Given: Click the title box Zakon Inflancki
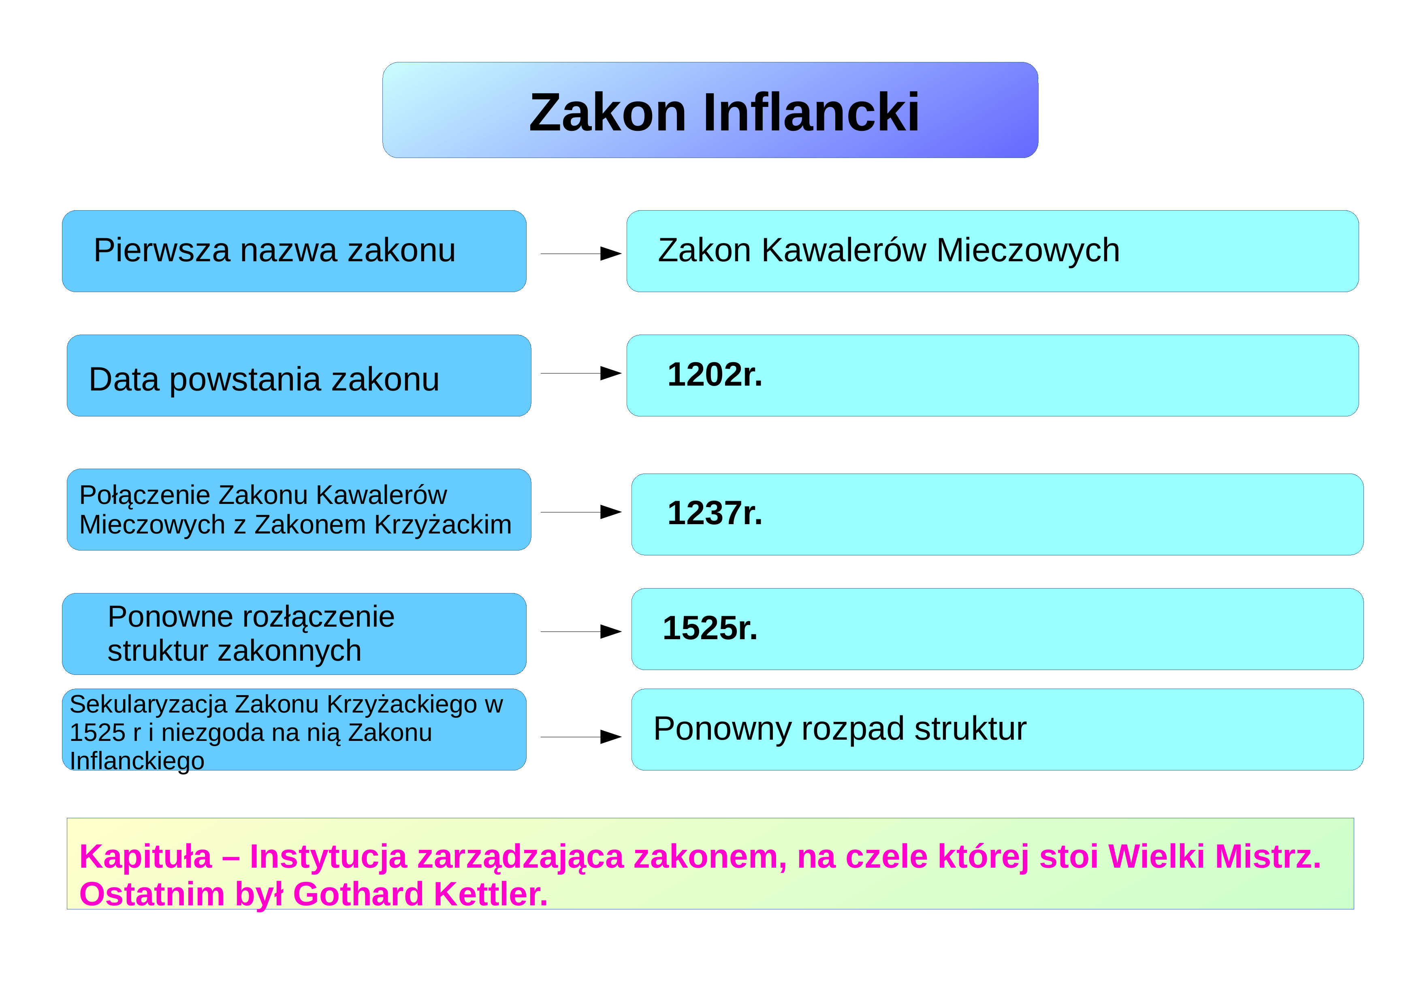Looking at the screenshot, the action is [710, 110].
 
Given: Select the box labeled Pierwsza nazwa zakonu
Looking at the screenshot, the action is [294, 251].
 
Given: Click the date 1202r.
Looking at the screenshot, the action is [715, 374].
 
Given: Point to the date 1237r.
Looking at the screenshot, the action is [715, 513].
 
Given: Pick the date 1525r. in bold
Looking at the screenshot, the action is [710, 628].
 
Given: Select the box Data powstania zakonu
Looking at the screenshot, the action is [299, 376].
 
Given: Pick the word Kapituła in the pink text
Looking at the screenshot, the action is [145, 857].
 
